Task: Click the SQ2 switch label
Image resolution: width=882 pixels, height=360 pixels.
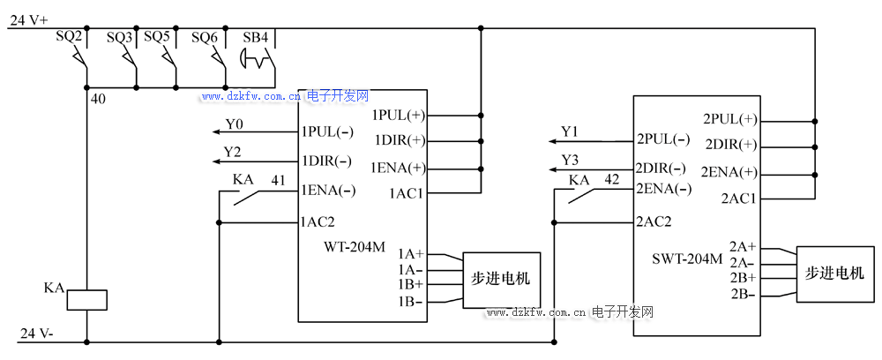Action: click(69, 38)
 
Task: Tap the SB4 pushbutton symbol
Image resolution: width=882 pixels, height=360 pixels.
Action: click(258, 61)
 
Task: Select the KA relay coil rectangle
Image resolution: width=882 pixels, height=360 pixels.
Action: click(87, 299)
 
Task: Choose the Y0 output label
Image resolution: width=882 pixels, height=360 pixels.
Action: click(234, 124)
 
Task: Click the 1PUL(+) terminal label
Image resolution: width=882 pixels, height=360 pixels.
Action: click(399, 116)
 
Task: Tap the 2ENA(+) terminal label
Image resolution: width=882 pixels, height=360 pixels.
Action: click(729, 171)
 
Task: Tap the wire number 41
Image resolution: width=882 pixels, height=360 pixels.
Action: click(278, 180)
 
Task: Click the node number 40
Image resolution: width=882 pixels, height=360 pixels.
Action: click(98, 99)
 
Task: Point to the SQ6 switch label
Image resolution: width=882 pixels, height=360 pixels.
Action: click(205, 38)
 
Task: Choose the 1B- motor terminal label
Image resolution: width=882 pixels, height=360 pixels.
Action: click(410, 302)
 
